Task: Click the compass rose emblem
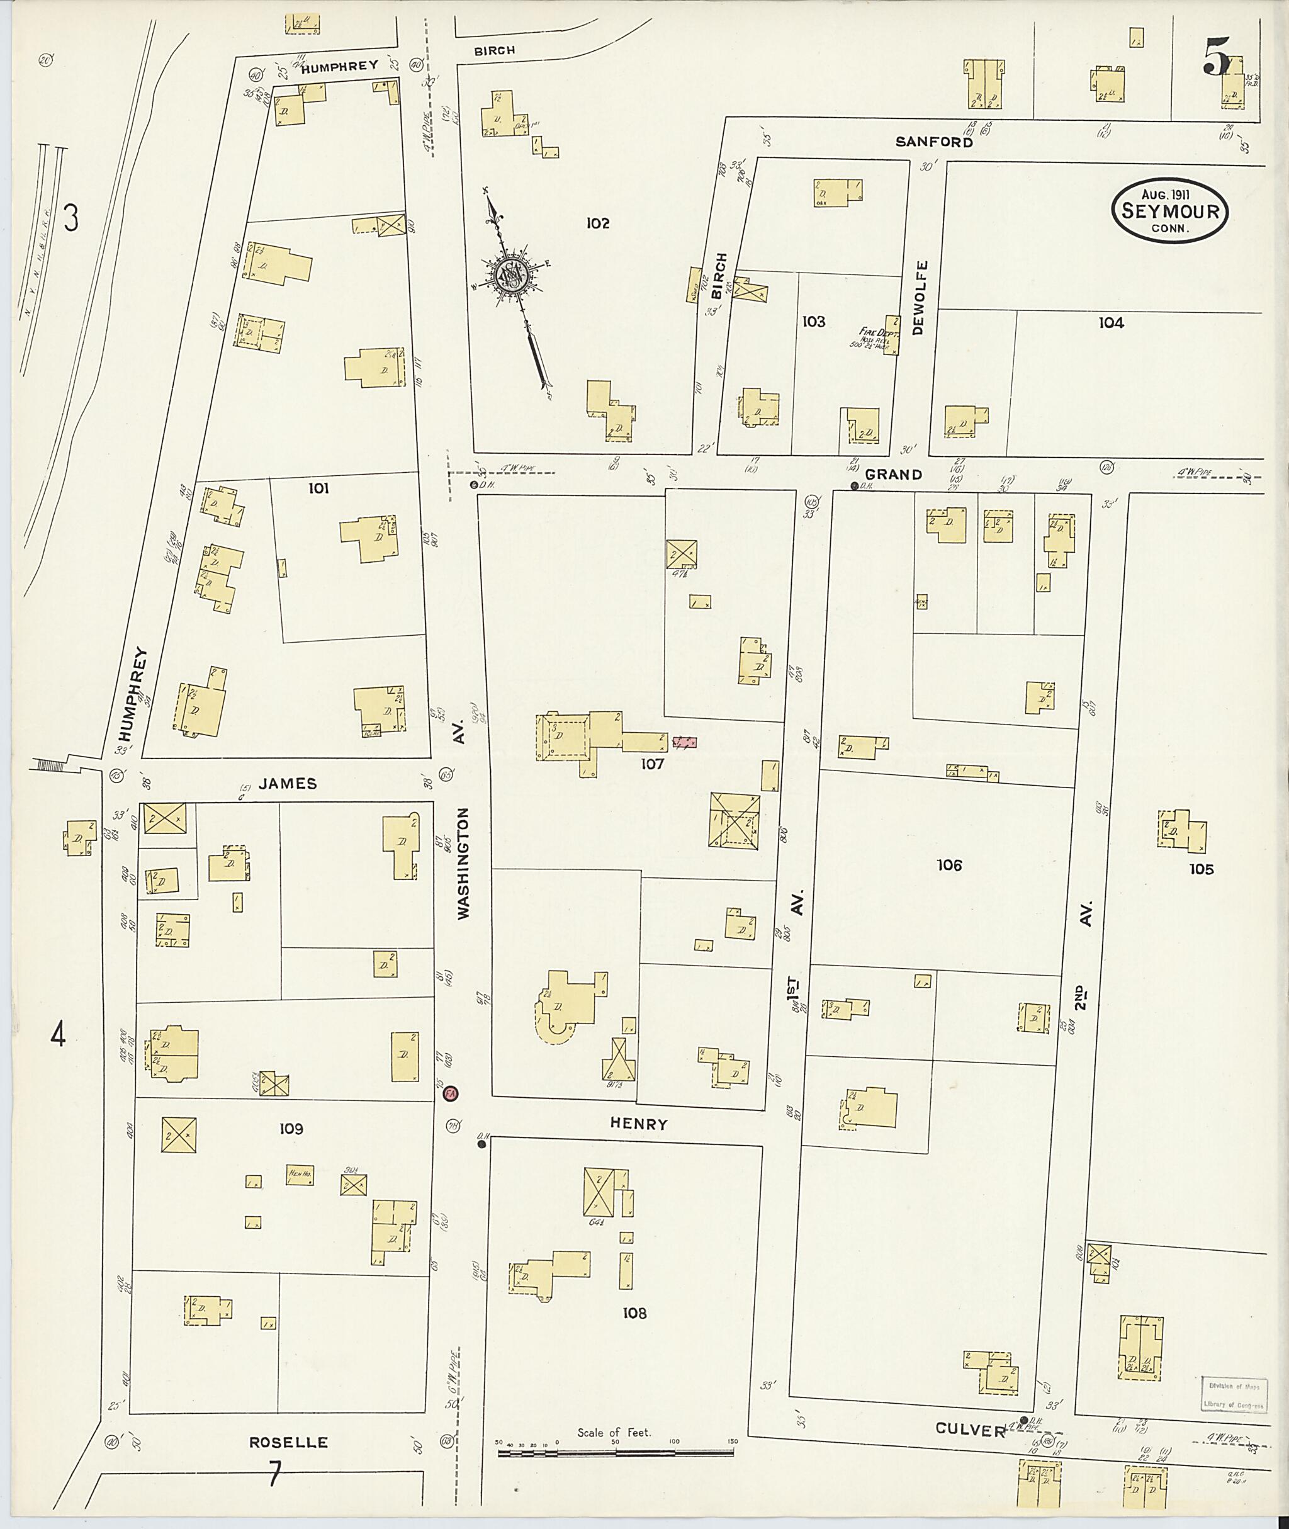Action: pyautogui.click(x=509, y=277)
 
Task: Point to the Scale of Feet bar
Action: pyautogui.click(x=617, y=1453)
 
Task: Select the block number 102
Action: pyautogui.click(x=598, y=223)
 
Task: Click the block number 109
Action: pyautogui.click(x=291, y=1129)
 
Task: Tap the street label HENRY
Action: pyautogui.click(x=639, y=1124)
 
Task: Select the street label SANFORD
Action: pyautogui.click(x=935, y=142)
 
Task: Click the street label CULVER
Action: pyautogui.click(x=971, y=1430)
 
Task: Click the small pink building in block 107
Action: pyautogui.click(x=685, y=743)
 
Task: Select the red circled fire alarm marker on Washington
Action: pyautogui.click(x=450, y=1094)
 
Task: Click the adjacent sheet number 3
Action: pyautogui.click(x=71, y=218)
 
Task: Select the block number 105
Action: pyautogui.click(x=1201, y=869)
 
